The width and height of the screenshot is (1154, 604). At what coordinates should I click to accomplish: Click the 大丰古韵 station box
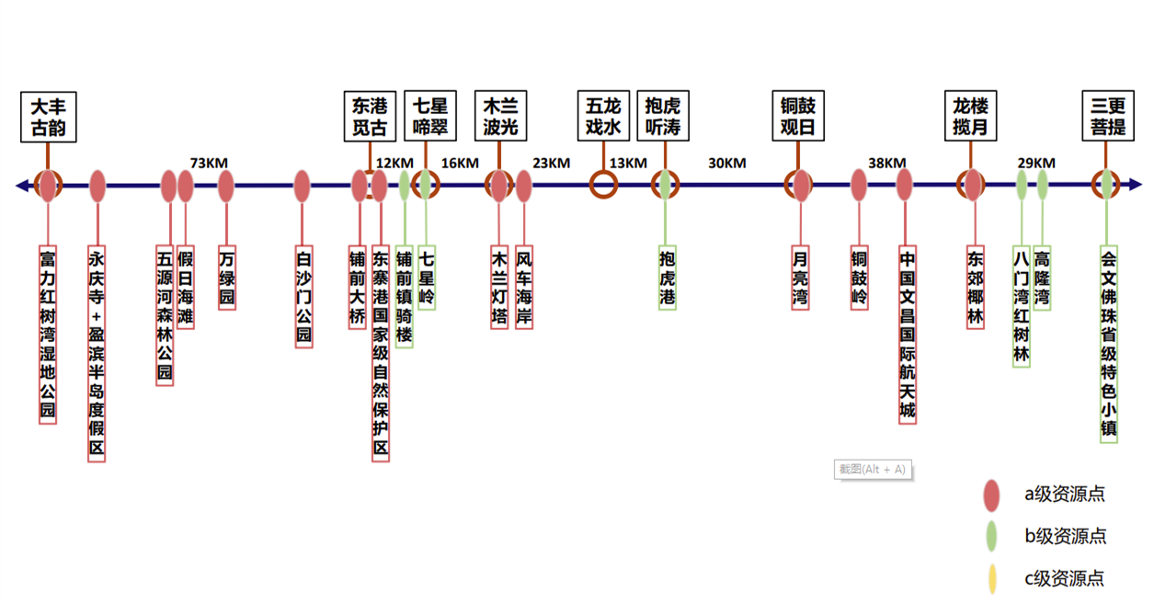[x=48, y=116]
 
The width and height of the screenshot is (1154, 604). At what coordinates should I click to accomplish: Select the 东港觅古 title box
[x=370, y=116]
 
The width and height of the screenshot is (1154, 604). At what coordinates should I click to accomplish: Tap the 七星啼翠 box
[x=429, y=116]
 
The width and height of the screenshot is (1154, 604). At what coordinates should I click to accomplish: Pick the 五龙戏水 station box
[x=603, y=116]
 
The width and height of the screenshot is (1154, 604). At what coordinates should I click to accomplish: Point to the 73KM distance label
[x=209, y=164]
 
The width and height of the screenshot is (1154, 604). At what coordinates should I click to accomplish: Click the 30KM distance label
[x=726, y=164]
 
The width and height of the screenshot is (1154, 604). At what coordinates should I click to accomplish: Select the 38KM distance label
[x=887, y=164]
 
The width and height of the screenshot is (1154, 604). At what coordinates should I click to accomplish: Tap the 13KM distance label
[x=628, y=164]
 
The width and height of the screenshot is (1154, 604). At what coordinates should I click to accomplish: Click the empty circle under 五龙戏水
[x=603, y=185]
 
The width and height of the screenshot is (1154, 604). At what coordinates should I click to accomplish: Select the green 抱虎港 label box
[x=668, y=277]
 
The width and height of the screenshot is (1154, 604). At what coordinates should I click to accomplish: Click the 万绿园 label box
[x=226, y=277]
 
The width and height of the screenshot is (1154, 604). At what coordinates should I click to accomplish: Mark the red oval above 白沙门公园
[x=302, y=186]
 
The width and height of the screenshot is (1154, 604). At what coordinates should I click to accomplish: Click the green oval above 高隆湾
[x=1043, y=185]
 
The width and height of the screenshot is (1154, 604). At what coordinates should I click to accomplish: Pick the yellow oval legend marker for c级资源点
[x=991, y=578]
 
